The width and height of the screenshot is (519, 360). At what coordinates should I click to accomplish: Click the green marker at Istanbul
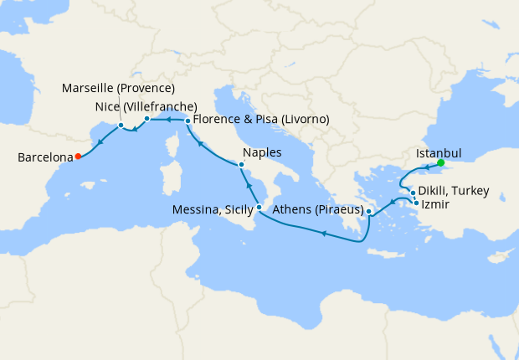(x=440, y=162)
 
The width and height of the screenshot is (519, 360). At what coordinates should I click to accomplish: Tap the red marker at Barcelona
(x=78, y=156)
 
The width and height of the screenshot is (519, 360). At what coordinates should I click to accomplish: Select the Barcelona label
(x=45, y=157)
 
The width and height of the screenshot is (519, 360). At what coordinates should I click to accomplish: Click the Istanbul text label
(x=439, y=154)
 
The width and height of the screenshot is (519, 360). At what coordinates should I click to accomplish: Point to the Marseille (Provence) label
(x=119, y=89)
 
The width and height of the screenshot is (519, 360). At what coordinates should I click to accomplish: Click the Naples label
(x=262, y=153)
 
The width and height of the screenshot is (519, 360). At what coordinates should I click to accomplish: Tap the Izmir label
(x=435, y=203)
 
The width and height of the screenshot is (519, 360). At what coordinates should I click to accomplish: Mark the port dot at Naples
(x=241, y=167)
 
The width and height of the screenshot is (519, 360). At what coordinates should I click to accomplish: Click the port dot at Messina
(x=259, y=207)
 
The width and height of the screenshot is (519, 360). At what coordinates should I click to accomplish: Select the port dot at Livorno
(x=188, y=121)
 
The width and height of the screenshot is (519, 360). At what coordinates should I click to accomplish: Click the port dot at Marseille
(x=121, y=126)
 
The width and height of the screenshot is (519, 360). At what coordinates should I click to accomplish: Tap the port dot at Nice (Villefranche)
(x=146, y=119)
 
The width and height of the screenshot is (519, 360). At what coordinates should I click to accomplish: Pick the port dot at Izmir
(x=416, y=202)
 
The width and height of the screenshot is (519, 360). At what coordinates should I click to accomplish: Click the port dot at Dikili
(x=413, y=193)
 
